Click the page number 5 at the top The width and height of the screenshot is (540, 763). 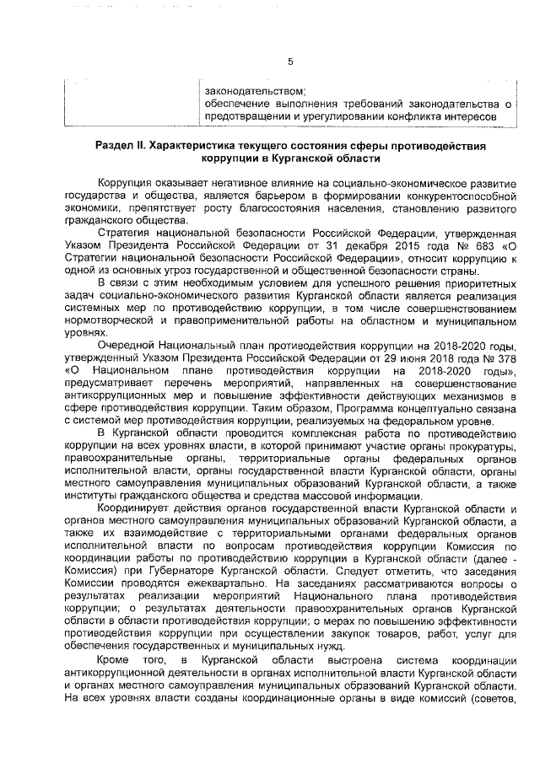coord(289,62)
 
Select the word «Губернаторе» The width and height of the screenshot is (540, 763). coord(175,569)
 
